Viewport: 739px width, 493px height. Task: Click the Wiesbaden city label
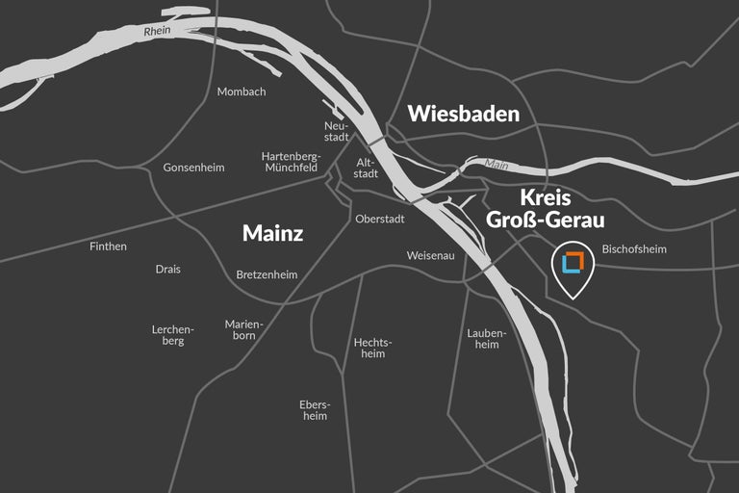point(463,114)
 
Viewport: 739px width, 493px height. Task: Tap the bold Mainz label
point(272,233)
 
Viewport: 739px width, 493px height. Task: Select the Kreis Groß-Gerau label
point(545,209)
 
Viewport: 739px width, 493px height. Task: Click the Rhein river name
point(157,32)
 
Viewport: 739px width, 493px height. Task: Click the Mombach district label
point(242,91)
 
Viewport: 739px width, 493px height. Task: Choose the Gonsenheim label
point(193,168)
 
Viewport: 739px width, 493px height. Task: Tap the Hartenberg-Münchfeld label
point(291,161)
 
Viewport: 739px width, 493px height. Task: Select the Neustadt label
point(336,131)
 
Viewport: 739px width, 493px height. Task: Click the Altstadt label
point(367,169)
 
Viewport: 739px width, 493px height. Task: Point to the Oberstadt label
point(380,219)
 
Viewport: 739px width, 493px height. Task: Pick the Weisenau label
point(430,256)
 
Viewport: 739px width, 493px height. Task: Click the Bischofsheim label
point(634,249)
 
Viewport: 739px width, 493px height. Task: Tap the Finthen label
point(108,246)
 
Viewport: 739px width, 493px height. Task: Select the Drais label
point(167,270)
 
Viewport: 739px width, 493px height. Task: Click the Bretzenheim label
point(267,275)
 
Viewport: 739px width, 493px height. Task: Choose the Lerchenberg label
point(172,335)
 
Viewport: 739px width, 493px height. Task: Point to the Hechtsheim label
point(372,348)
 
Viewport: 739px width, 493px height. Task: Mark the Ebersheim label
point(315,409)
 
